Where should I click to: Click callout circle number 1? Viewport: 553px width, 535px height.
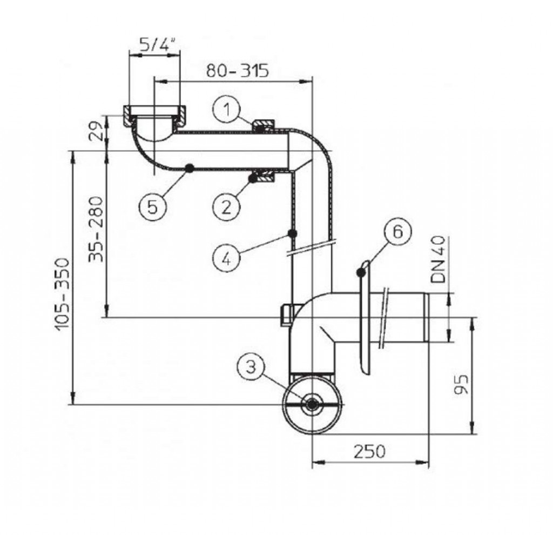coord(227,109)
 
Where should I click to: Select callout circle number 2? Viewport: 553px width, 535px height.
coord(226,206)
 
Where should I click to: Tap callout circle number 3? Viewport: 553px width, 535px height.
coord(251,367)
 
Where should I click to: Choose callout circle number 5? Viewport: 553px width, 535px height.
coord(152,207)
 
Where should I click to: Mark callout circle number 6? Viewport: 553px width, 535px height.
coord(398,232)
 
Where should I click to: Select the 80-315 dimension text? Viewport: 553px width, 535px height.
coord(237,71)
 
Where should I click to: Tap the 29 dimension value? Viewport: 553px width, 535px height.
coord(96,131)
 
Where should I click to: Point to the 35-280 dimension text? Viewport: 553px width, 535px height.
coord(96,229)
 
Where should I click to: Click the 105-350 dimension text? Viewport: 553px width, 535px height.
coord(63,293)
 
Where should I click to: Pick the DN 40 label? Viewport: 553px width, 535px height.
coord(439,260)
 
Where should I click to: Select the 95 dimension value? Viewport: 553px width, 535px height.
coord(462,384)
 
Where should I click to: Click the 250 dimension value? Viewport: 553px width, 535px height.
coord(369,452)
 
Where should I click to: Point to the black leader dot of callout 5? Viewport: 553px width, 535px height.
coord(190,168)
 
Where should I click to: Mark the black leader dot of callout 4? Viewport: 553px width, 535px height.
coord(292,233)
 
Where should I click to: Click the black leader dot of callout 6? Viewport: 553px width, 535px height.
coord(360,272)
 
